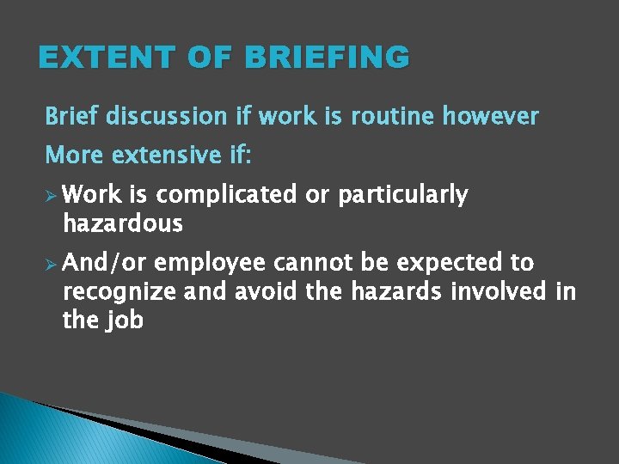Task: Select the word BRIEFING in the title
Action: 328,58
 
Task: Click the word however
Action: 490,116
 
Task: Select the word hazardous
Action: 123,224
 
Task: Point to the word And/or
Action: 107,262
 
